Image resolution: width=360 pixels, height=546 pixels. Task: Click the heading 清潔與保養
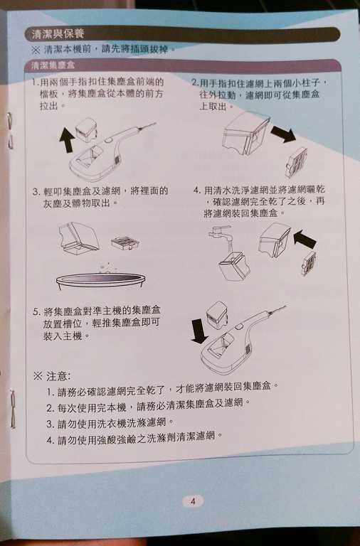54,34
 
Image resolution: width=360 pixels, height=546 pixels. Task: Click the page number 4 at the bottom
192,500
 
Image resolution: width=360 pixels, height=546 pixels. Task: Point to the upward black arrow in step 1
67,139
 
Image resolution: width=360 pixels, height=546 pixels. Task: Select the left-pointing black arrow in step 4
305,240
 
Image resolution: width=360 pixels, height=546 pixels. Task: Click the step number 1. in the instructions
36,82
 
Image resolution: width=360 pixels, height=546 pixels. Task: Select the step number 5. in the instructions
36,311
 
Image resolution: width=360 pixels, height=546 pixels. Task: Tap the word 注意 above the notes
58,375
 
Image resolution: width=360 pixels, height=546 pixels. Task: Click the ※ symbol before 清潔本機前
36,50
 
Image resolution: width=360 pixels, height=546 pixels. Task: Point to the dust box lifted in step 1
89,130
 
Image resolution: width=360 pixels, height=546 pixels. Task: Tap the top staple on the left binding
9,132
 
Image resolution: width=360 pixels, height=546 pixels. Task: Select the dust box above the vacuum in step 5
216,313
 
